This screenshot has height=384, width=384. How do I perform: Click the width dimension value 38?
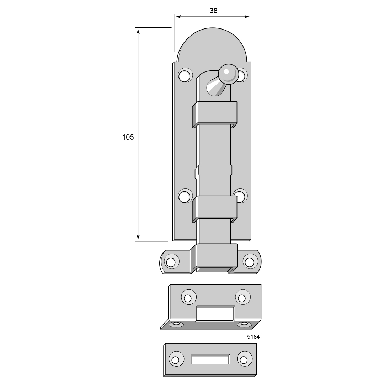pos(213,11)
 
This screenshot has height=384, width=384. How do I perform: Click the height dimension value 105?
pos(128,137)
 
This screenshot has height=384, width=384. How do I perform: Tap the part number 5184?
pos(253,337)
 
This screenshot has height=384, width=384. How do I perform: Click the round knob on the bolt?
pos(228,74)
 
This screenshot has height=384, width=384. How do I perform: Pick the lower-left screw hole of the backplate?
pos(185,196)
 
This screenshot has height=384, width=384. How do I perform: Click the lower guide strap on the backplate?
pos(214,209)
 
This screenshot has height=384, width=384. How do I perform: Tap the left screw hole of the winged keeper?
pos(170,262)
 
